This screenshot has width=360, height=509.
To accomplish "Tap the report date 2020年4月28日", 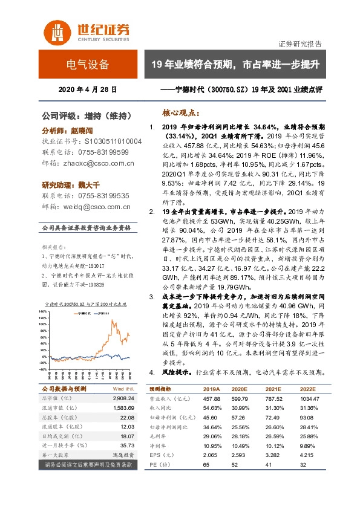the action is (x=88, y=91).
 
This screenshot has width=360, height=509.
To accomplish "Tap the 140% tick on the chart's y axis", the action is (x=42, y=312).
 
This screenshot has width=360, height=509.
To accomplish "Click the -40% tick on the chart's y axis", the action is (x=42, y=369).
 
